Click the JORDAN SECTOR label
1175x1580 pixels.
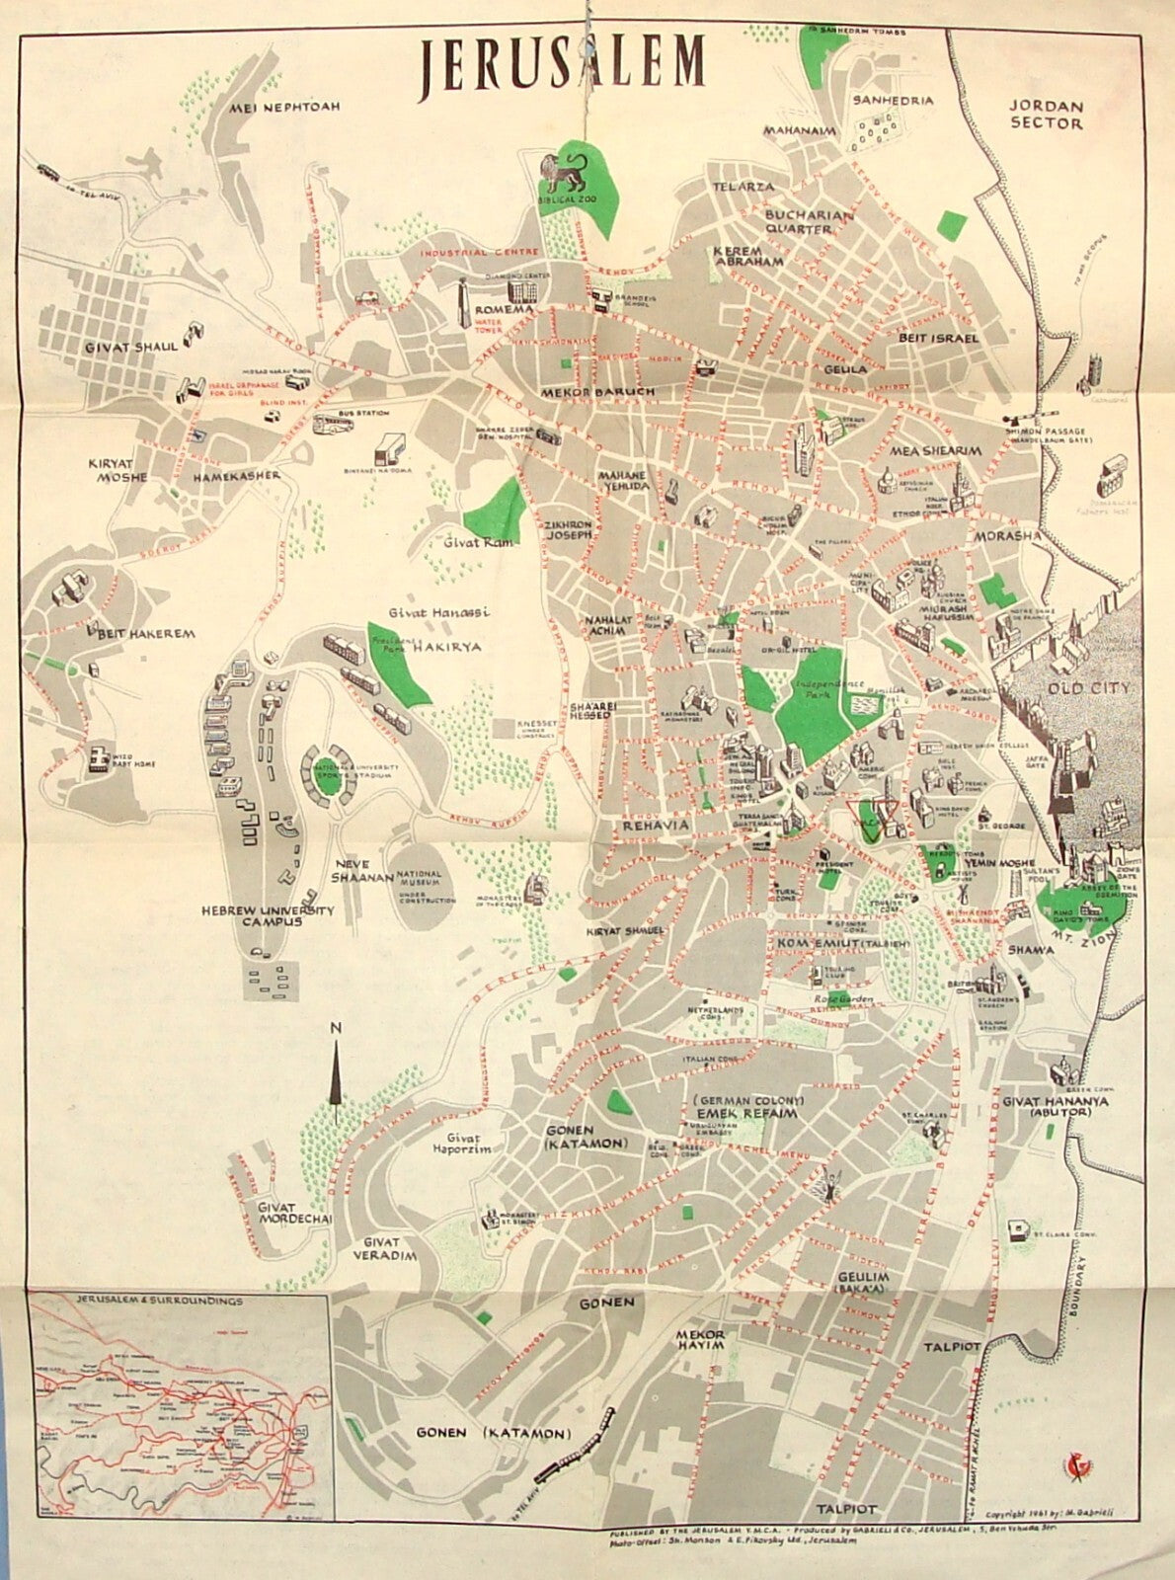point(1047,115)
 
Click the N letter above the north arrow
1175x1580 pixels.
point(336,1028)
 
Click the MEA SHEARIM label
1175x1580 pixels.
point(936,451)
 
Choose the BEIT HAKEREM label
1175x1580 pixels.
point(139,634)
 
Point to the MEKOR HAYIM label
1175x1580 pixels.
point(700,1341)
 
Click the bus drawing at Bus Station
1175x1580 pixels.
point(333,425)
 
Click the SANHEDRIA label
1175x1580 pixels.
point(894,101)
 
